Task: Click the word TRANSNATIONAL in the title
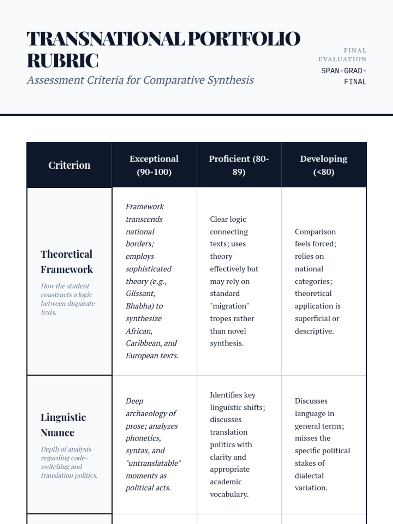[105, 39]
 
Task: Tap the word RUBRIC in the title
[63, 61]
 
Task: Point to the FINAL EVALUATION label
[342, 55]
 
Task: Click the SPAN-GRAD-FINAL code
[344, 76]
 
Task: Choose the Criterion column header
[69, 165]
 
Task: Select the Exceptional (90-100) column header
[154, 165]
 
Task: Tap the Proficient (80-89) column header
[239, 165]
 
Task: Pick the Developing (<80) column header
[324, 165]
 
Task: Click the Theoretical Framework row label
[66, 262]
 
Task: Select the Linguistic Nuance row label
[63, 425]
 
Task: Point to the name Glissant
[140, 293]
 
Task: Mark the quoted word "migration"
[229, 306]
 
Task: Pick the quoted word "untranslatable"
[153, 463]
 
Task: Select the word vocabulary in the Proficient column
[229, 494]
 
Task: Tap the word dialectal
[309, 476]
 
